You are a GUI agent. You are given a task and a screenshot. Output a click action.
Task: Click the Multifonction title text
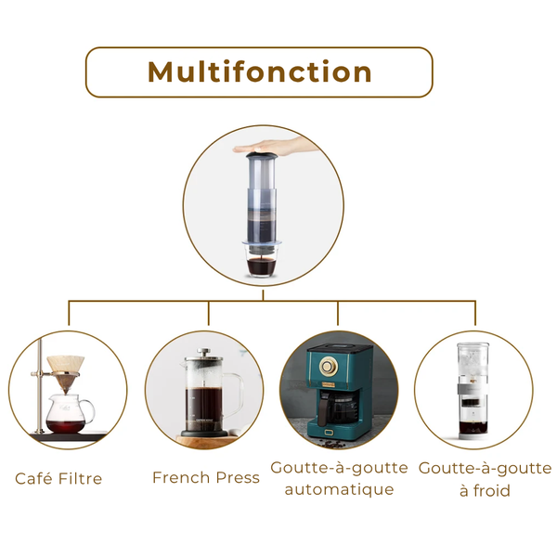pyautogui.click(x=260, y=72)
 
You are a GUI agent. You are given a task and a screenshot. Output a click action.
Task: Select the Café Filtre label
pyautogui.click(x=58, y=479)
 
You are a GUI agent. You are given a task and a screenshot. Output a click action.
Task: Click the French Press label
pyautogui.click(x=206, y=478)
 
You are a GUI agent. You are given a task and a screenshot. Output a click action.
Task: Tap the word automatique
pyautogui.click(x=339, y=489)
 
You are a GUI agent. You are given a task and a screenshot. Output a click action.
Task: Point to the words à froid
pyautogui.click(x=485, y=490)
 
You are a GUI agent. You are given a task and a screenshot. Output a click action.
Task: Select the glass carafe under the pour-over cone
pyautogui.click(x=69, y=412)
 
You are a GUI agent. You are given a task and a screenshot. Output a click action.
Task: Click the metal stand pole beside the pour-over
pyautogui.click(x=36, y=390)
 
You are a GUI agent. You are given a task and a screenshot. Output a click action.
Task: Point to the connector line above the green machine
pyautogui.click(x=338, y=313)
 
